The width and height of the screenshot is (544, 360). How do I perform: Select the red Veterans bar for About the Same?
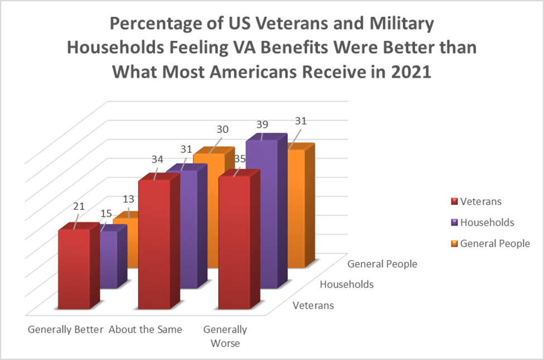(x=154, y=246)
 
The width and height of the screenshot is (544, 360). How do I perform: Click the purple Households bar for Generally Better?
(x=109, y=260)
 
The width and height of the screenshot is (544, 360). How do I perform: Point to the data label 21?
(x=79, y=207)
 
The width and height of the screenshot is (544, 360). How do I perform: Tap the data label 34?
(x=157, y=159)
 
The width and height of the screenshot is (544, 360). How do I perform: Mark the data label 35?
(x=240, y=159)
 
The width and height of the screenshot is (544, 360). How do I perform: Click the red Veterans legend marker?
(x=454, y=201)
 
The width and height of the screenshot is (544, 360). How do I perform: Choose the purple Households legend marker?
(x=454, y=222)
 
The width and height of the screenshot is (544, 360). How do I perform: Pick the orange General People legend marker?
(x=454, y=243)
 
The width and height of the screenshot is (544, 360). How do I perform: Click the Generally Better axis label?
(x=66, y=329)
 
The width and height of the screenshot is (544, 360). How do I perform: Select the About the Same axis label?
(x=145, y=329)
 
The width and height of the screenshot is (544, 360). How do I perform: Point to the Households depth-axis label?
(x=347, y=285)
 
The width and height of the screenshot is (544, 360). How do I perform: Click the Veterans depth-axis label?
(x=313, y=305)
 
